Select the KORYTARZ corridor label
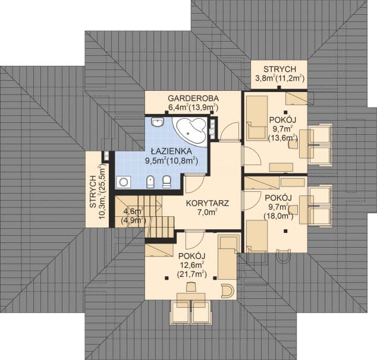coord(207,203)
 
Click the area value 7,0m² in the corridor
coord(207,212)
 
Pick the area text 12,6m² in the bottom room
coord(191,264)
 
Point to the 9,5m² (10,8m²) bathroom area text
coord(171,160)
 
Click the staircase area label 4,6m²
coord(132,211)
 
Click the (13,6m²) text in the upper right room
coord(283,138)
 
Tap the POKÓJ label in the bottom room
coord(191,255)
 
